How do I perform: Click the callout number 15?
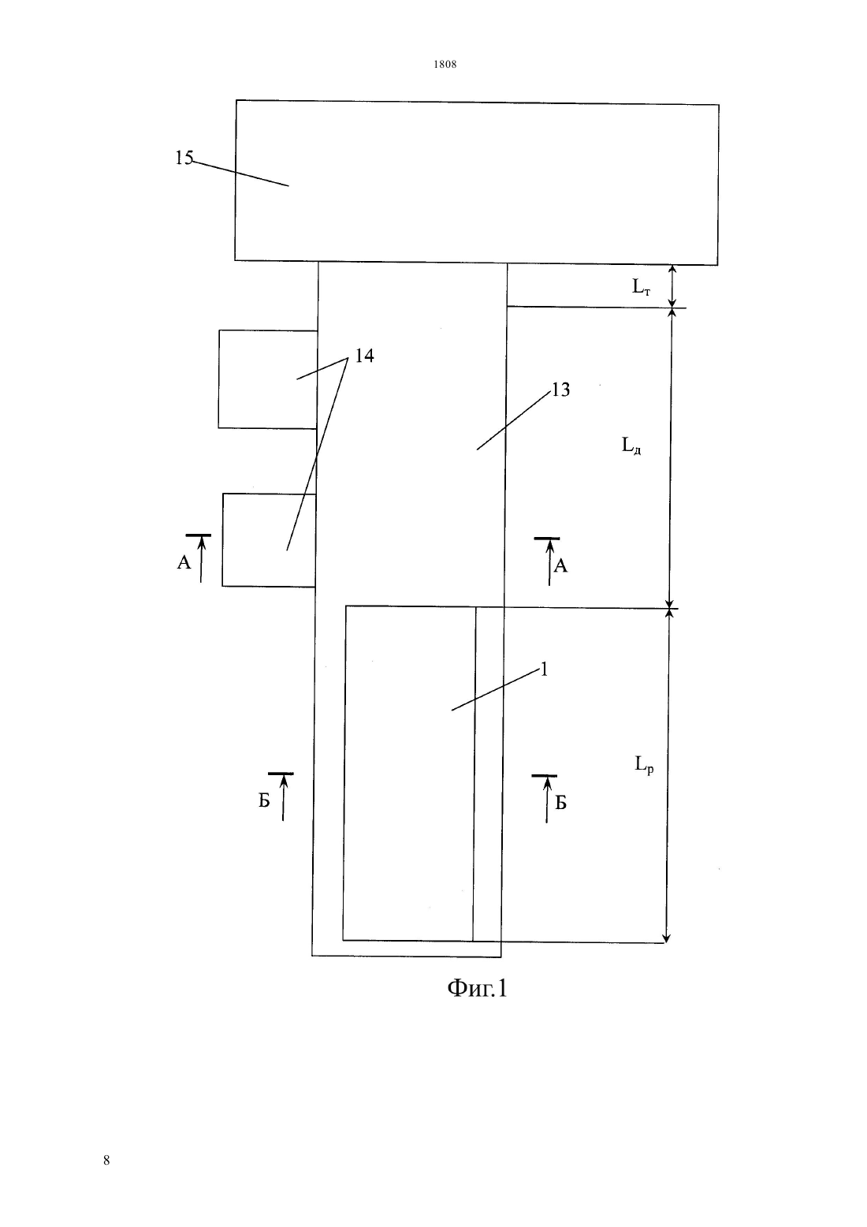[x=184, y=158]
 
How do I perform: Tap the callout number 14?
[x=364, y=356]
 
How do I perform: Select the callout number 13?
[x=560, y=390]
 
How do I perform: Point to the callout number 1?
[x=544, y=669]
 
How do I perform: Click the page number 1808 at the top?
[x=445, y=64]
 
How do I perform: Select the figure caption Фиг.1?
[x=477, y=988]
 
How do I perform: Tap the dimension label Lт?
[x=641, y=286]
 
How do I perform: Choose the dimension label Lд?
[x=631, y=445]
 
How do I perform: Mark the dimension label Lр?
[x=644, y=763]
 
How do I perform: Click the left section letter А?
[x=184, y=562]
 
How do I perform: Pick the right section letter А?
[x=560, y=566]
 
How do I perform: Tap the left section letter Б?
[x=264, y=801]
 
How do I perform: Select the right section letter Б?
[x=560, y=803]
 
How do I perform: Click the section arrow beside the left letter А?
[x=201, y=558]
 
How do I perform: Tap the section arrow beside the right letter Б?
[x=547, y=800]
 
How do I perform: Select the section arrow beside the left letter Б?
[x=283, y=797]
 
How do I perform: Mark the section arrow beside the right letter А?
[x=550, y=562]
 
